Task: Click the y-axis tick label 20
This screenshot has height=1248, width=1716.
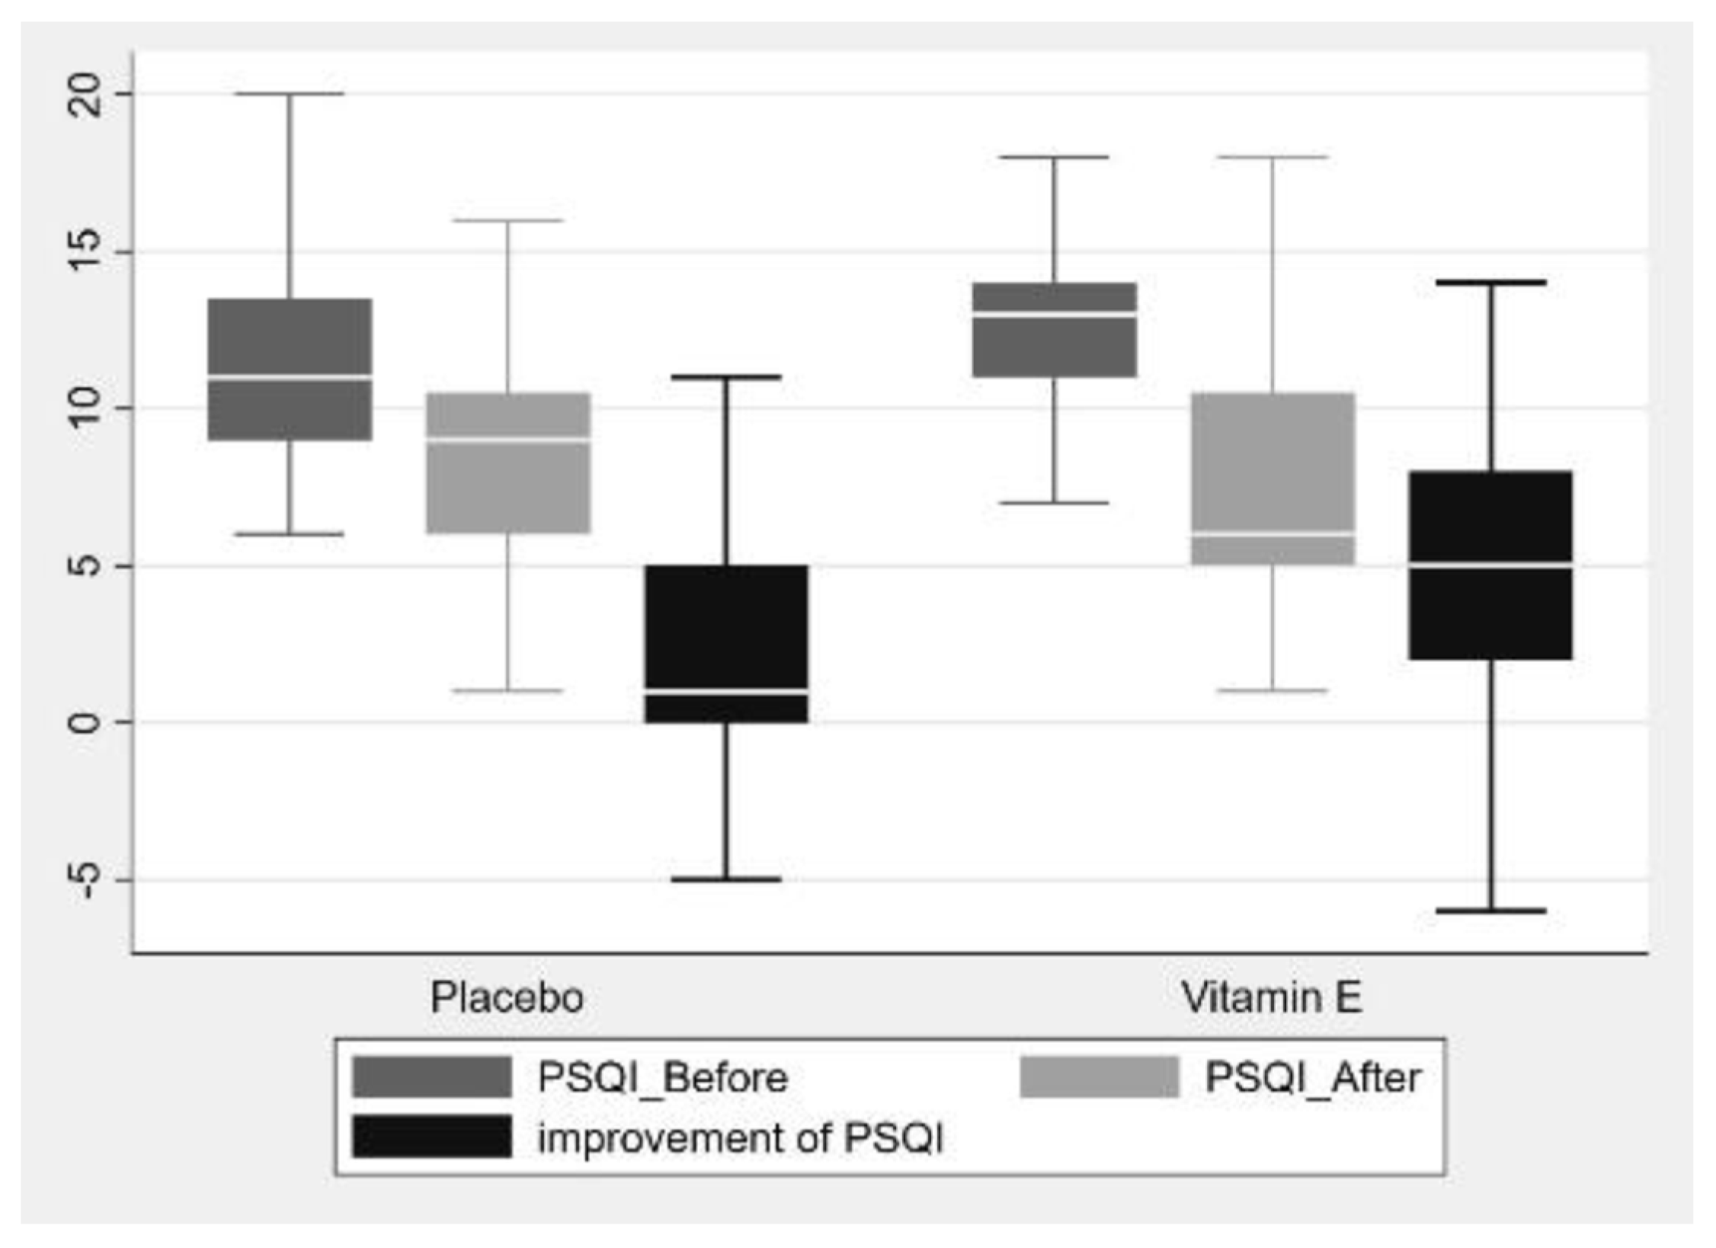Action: (85, 94)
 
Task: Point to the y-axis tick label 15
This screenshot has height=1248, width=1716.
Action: (85, 252)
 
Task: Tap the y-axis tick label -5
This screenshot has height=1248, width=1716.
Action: (85, 879)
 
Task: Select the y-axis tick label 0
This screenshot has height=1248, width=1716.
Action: (85, 722)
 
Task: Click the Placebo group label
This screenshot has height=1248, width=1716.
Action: (507, 997)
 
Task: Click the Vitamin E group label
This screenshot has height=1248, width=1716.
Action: (1271, 997)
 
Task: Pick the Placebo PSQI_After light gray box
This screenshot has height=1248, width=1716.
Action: (507, 488)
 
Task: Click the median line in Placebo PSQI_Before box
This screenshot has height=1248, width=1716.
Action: (290, 376)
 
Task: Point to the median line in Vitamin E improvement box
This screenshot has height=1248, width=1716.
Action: (1490, 565)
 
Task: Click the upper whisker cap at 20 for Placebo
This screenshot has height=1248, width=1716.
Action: (290, 94)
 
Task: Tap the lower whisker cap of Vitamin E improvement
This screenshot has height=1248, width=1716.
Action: (1490, 910)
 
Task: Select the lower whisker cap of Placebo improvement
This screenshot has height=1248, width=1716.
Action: (726, 879)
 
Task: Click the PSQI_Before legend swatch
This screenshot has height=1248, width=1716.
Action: (431, 1077)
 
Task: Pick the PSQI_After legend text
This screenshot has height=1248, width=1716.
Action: (1312, 1077)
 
